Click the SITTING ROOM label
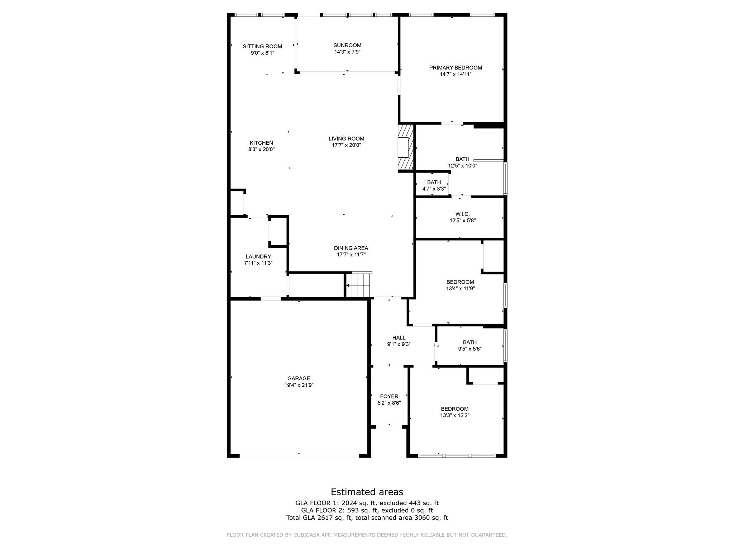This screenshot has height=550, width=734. pos(262,46)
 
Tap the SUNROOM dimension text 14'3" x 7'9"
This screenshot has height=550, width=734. pos(347,52)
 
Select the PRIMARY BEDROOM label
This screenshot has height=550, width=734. pos(456,68)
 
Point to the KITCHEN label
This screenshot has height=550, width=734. pos(261,143)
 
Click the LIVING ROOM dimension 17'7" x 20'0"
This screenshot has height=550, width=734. pos(346,145)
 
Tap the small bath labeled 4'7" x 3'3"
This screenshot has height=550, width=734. pos(434,185)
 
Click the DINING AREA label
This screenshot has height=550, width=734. pos(351,248)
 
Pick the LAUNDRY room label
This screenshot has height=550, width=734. pos(258,256)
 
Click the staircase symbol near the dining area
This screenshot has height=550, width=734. pos(359,285)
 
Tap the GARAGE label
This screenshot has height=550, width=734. pos(299,378)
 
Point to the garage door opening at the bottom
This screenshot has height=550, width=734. pos(299,455)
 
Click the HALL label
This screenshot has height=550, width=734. pos(399,338)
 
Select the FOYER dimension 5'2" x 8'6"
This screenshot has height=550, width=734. pos(389,403)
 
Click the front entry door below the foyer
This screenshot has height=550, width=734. pos(389,426)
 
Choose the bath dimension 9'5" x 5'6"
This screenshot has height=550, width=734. pos(470,349)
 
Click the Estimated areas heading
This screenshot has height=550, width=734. pos(367,492)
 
